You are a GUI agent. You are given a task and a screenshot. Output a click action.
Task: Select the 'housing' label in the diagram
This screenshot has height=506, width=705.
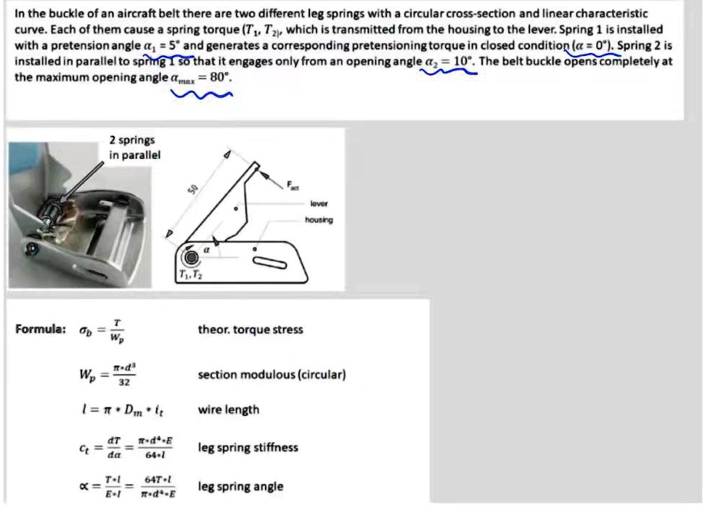pyautogui.click(x=319, y=219)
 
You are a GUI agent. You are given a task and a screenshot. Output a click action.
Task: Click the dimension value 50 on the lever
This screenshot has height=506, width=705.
pyautogui.click(x=193, y=189)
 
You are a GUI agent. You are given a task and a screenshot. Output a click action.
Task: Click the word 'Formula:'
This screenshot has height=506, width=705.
pyautogui.click(x=41, y=330)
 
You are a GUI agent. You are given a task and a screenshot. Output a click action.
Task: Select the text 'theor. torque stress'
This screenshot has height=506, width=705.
pyautogui.click(x=250, y=330)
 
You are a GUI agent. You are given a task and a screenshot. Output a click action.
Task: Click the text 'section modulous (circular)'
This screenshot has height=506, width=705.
pyautogui.click(x=272, y=375)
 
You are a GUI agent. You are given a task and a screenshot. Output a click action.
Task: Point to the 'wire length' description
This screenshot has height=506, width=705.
pyautogui.click(x=228, y=409)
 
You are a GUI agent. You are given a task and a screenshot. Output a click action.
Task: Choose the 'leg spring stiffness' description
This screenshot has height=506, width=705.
pyautogui.click(x=248, y=447)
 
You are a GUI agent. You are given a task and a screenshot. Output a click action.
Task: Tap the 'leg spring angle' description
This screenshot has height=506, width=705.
pyautogui.click(x=240, y=486)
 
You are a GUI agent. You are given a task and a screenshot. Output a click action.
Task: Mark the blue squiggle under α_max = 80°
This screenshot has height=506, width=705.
pyautogui.click(x=200, y=92)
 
